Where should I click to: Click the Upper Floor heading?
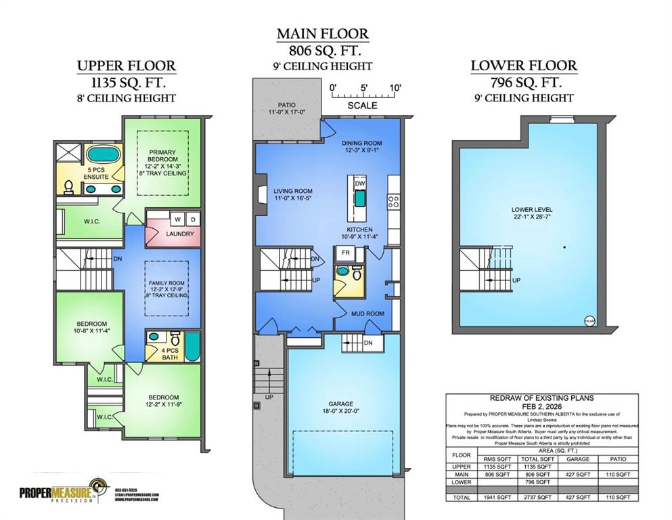click(x=126, y=66)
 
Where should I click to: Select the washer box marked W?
click(x=177, y=219)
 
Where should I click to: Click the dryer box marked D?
click(x=192, y=219)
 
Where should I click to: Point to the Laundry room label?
click(x=180, y=234)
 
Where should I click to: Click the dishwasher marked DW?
click(x=359, y=183)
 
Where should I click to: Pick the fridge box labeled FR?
click(x=346, y=253)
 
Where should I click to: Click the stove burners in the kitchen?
click(x=393, y=201)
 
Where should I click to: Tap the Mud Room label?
click(x=367, y=313)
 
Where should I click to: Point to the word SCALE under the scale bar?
click(x=362, y=106)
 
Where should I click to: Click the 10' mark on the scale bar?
click(x=395, y=88)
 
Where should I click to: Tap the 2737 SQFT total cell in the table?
click(x=538, y=496)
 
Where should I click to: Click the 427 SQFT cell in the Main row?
click(x=577, y=475)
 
